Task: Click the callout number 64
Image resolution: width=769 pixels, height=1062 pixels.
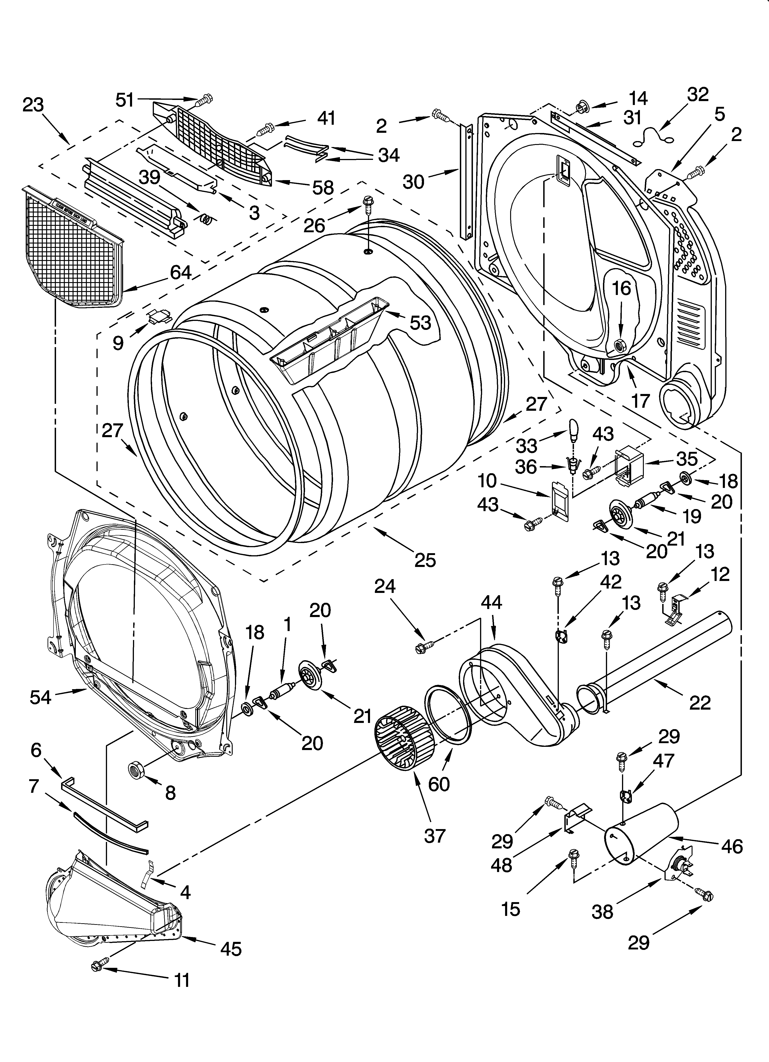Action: pos(180,272)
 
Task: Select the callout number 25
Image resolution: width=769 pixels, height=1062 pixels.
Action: pos(425,560)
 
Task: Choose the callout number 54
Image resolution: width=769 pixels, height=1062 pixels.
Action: pos(40,697)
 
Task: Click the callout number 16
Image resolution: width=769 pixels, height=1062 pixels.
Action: pos(622,289)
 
